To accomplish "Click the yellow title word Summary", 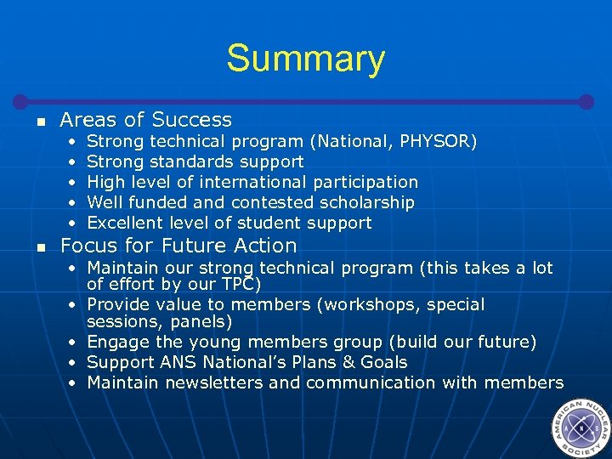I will tap(305, 59).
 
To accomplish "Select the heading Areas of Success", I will tap(145, 120).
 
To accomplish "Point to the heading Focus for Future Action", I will tap(178, 246).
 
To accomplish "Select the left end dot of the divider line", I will tap(25, 101).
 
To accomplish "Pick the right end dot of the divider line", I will tap(586, 101).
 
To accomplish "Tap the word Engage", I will tap(117, 342).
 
